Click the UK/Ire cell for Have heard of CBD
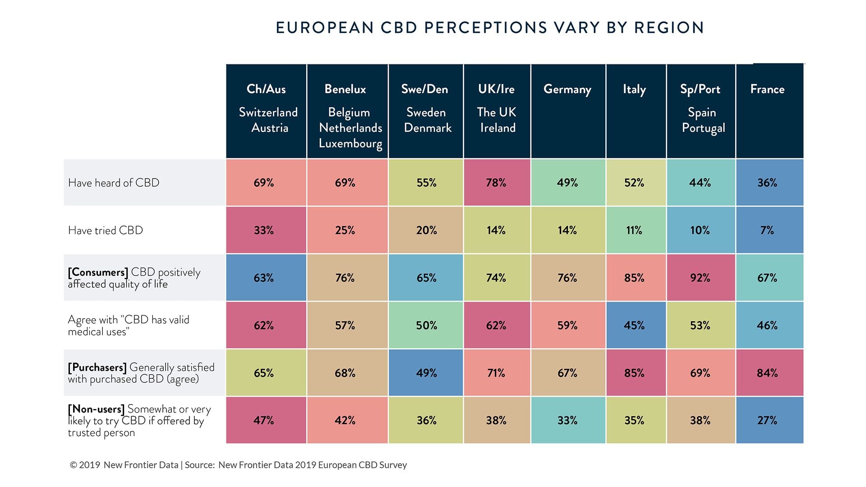click(x=496, y=183)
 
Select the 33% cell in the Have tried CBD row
click(x=264, y=230)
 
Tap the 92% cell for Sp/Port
click(x=700, y=278)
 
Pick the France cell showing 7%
click(x=767, y=230)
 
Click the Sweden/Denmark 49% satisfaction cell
click(x=426, y=373)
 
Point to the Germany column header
click(x=567, y=89)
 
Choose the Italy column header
click(x=634, y=89)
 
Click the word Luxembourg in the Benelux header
click(x=350, y=143)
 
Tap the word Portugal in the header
click(x=703, y=128)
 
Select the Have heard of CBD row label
click(x=114, y=183)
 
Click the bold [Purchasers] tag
click(x=97, y=368)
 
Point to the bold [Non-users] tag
click(x=96, y=409)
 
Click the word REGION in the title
click(x=669, y=28)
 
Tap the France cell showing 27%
click(x=767, y=420)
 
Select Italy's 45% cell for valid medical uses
click(x=634, y=326)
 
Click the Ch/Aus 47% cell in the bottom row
click(x=264, y=420)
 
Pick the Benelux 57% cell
click(x=345, y=326)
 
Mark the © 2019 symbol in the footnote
click(x=74, y=465)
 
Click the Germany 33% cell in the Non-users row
click(x=567, y=420)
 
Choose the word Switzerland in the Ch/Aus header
click(x=268, y=112)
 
